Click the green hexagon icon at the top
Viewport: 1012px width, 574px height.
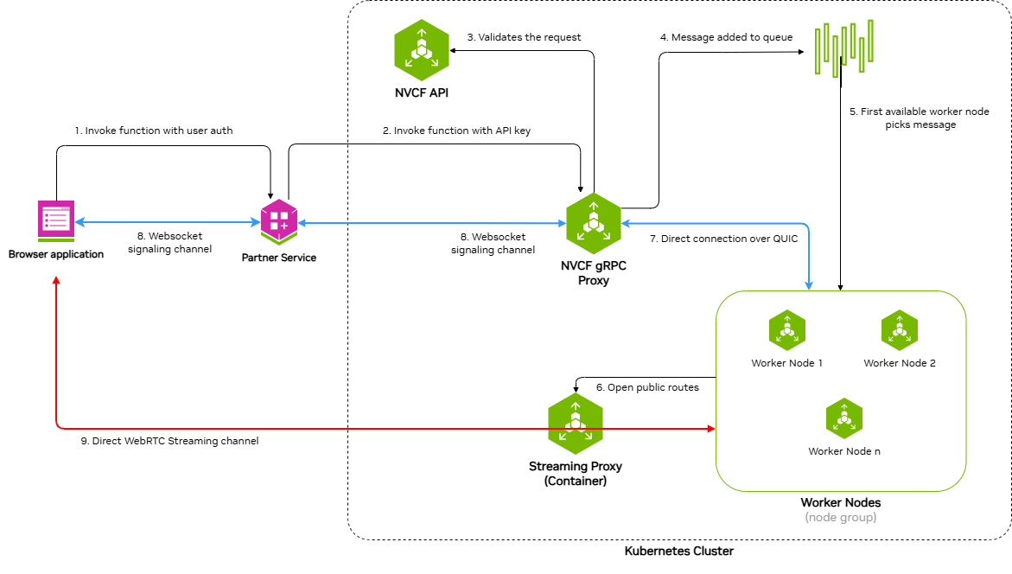pos(422,50)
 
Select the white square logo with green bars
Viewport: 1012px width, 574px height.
pos(840,51)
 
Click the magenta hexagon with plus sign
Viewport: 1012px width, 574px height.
pos(279,220)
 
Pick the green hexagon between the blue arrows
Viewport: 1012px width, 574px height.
pos(594,223)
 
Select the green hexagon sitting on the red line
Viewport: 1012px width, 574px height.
pos(576,424)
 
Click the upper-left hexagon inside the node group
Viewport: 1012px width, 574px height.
pos(787,330)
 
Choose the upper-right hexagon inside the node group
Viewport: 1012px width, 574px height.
pos(900,330)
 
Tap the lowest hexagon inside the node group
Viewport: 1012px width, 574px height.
pos(844,418)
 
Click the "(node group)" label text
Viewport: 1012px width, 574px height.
pos(840,517)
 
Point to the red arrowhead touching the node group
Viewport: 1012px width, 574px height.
pos(711,429)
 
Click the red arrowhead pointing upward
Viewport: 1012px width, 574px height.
pos(56,280)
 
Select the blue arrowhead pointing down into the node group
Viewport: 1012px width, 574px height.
pos(809,285)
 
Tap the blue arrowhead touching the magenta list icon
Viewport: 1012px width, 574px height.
pos(80,223)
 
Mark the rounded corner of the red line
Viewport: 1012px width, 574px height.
pos(58,426)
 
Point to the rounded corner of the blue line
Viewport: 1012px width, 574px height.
pos(806,226)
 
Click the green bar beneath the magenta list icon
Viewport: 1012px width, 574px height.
pos(56,239)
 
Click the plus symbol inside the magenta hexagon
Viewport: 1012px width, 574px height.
pos(284,225)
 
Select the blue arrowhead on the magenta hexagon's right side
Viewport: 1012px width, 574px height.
pos(302,223)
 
